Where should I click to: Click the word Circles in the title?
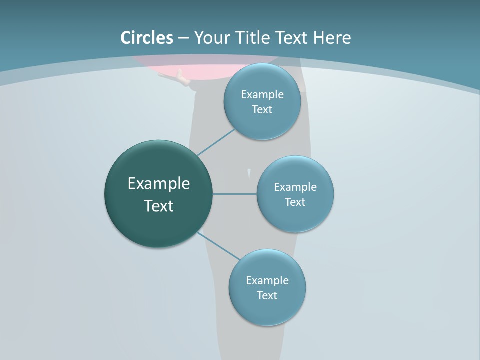coord(147,38)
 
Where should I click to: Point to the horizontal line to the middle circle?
coord(234,194)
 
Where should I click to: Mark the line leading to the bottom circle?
coord(219,246)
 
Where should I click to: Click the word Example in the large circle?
coord(159,184)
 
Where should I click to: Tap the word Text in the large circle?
coord(159,206)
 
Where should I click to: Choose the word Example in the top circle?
coord(262,94)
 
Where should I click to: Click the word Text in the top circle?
coord(262,109)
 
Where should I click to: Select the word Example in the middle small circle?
coord(295,187)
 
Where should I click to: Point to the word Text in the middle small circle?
coord(295,202)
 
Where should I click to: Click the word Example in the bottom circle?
coord(267,280)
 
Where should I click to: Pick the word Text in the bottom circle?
coord(267,295)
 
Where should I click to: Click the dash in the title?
coord(183,38)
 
